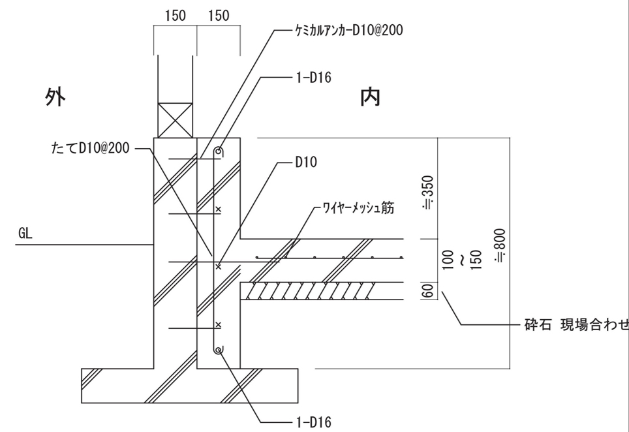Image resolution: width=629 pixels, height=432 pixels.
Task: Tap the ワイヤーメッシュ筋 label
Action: click(358, 209)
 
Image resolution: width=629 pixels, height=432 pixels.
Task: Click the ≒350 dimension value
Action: click(428, 194)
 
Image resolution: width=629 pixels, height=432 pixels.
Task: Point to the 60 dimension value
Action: click(429, 291)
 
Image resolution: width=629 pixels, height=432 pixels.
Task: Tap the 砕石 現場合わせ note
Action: click(575, 324)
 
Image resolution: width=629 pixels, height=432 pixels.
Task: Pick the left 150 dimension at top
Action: click(175, 16)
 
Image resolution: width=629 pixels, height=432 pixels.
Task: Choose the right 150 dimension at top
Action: click(218, 16)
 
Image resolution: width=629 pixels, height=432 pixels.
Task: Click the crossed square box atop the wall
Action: click(174, 119)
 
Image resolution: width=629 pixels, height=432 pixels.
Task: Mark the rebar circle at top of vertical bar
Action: click(221, 153)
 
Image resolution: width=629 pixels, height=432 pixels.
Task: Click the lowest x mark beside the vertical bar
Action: click(219, 324)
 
